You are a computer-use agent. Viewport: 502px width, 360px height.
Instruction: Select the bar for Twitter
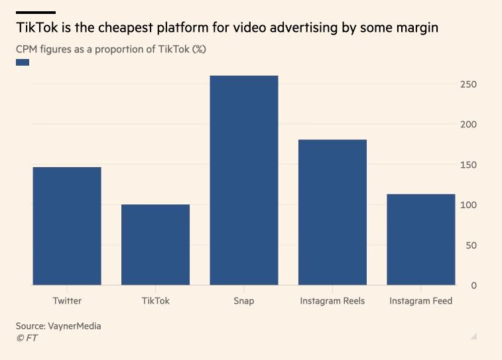pos(67,226)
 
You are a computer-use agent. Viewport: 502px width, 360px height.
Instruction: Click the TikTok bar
pos(156,245)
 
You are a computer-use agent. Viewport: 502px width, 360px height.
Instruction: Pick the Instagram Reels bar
pos(332,212)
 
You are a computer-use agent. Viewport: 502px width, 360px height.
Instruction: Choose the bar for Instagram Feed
pos(421,239)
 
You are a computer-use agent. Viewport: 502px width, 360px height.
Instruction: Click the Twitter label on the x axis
pos(67,301)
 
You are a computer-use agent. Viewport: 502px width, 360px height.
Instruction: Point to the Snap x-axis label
pos(244,301)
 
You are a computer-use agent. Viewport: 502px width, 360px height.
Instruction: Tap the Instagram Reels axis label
pos(332,301)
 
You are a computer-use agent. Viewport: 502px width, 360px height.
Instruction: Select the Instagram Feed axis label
pos(421,301)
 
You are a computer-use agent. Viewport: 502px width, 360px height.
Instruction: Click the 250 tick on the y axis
pos(470,84)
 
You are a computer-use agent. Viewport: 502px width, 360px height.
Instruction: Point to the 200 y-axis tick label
pos(470,125)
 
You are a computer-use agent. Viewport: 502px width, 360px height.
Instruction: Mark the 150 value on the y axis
pos(470,164)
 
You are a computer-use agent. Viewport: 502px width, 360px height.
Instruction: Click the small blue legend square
pos(23,62)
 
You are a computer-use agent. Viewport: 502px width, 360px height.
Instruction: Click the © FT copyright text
pos(27,338)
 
